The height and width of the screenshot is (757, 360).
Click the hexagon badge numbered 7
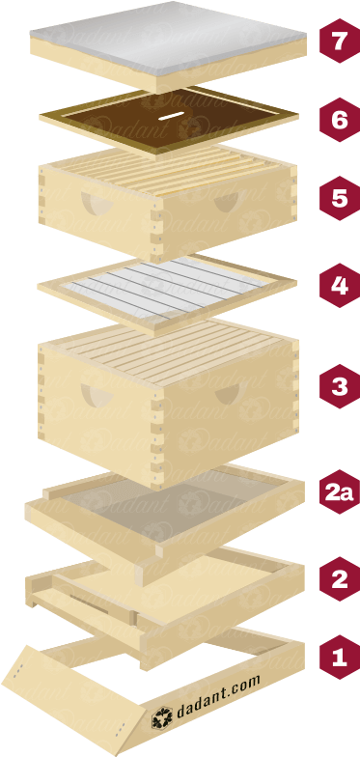pos(340,41)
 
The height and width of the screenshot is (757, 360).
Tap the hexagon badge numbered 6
pos(340,120)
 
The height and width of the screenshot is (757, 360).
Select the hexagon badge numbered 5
pos(340,199)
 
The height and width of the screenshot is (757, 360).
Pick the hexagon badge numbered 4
pos(340,286)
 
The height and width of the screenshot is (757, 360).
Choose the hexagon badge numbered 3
pos(340,386)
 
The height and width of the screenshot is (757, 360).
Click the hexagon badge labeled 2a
pos(340,492)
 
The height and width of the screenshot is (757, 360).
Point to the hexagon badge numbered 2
pos(340,579)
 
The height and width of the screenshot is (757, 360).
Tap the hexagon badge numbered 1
pos(340,658)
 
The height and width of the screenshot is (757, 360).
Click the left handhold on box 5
pos(97,202)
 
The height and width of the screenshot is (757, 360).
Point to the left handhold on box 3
pos(97,394)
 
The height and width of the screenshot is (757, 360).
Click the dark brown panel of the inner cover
pos(169,118)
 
